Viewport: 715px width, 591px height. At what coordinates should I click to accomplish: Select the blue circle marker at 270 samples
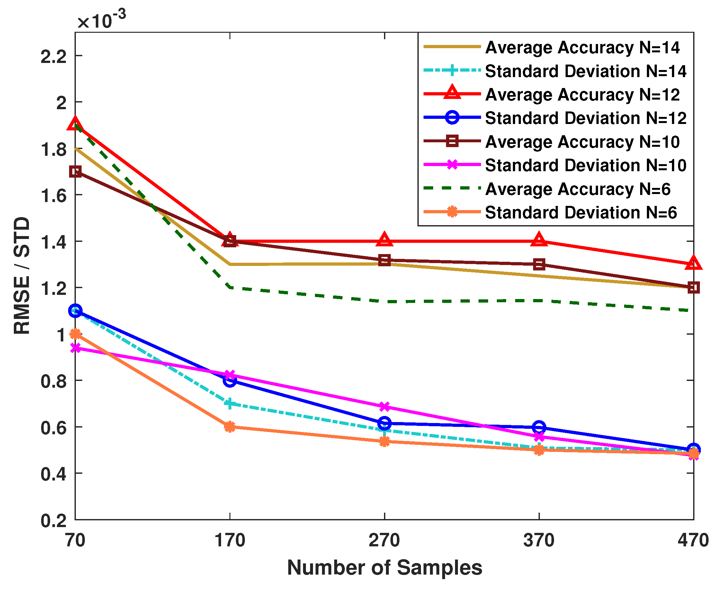384,423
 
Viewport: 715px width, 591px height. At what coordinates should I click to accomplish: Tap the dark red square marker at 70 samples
75,172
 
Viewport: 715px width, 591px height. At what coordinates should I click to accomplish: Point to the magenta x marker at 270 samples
384,407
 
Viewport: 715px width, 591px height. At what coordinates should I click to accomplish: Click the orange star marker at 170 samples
230,427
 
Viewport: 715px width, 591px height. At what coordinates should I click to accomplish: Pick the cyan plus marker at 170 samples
230,404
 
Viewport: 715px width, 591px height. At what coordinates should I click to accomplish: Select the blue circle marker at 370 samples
539,427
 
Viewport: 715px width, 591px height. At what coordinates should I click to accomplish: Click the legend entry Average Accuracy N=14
582,47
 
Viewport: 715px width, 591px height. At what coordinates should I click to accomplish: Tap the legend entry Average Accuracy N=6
577,189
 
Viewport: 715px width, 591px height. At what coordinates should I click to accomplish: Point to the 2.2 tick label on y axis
53,56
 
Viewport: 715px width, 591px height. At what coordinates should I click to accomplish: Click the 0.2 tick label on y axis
53,521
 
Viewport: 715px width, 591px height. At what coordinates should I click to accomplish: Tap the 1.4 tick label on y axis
53,242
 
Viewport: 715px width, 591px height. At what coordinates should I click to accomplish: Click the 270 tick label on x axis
384,540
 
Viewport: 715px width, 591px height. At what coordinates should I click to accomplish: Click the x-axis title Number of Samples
384,568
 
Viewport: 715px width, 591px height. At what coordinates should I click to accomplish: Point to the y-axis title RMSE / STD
22,276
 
